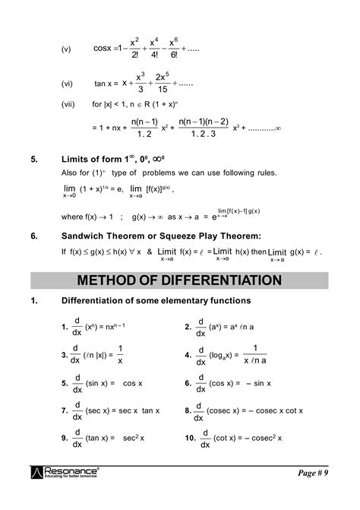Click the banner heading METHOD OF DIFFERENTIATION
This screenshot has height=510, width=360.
tap(179, 280)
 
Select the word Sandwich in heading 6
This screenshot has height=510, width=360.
tap(84, 236)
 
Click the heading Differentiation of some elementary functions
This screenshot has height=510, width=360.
tap(153, 302)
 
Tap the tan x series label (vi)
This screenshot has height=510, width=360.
tap(66, 84)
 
